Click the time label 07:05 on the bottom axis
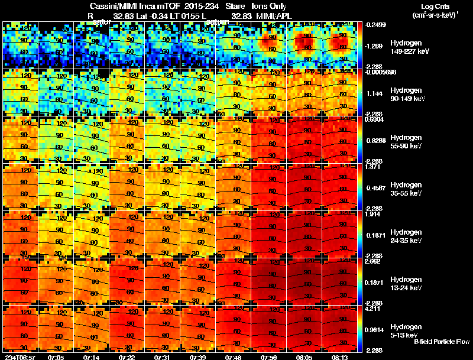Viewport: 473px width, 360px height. point(56,357)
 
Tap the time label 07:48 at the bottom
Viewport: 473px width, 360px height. point(234,357)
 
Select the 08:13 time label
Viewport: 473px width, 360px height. point(340,357)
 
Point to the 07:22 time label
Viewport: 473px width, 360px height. point(127,357)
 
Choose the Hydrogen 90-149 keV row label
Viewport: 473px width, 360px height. point(406,95)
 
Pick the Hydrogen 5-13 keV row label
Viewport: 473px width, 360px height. point(406,330)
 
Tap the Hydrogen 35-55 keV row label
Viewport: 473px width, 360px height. point(406,189)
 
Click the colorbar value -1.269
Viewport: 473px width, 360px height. point(376,46)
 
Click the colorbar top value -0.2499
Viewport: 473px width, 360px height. point(376,24)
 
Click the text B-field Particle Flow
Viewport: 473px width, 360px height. point(441,342)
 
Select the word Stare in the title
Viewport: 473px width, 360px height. point(227,7)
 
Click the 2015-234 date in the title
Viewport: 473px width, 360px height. point(193,7)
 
